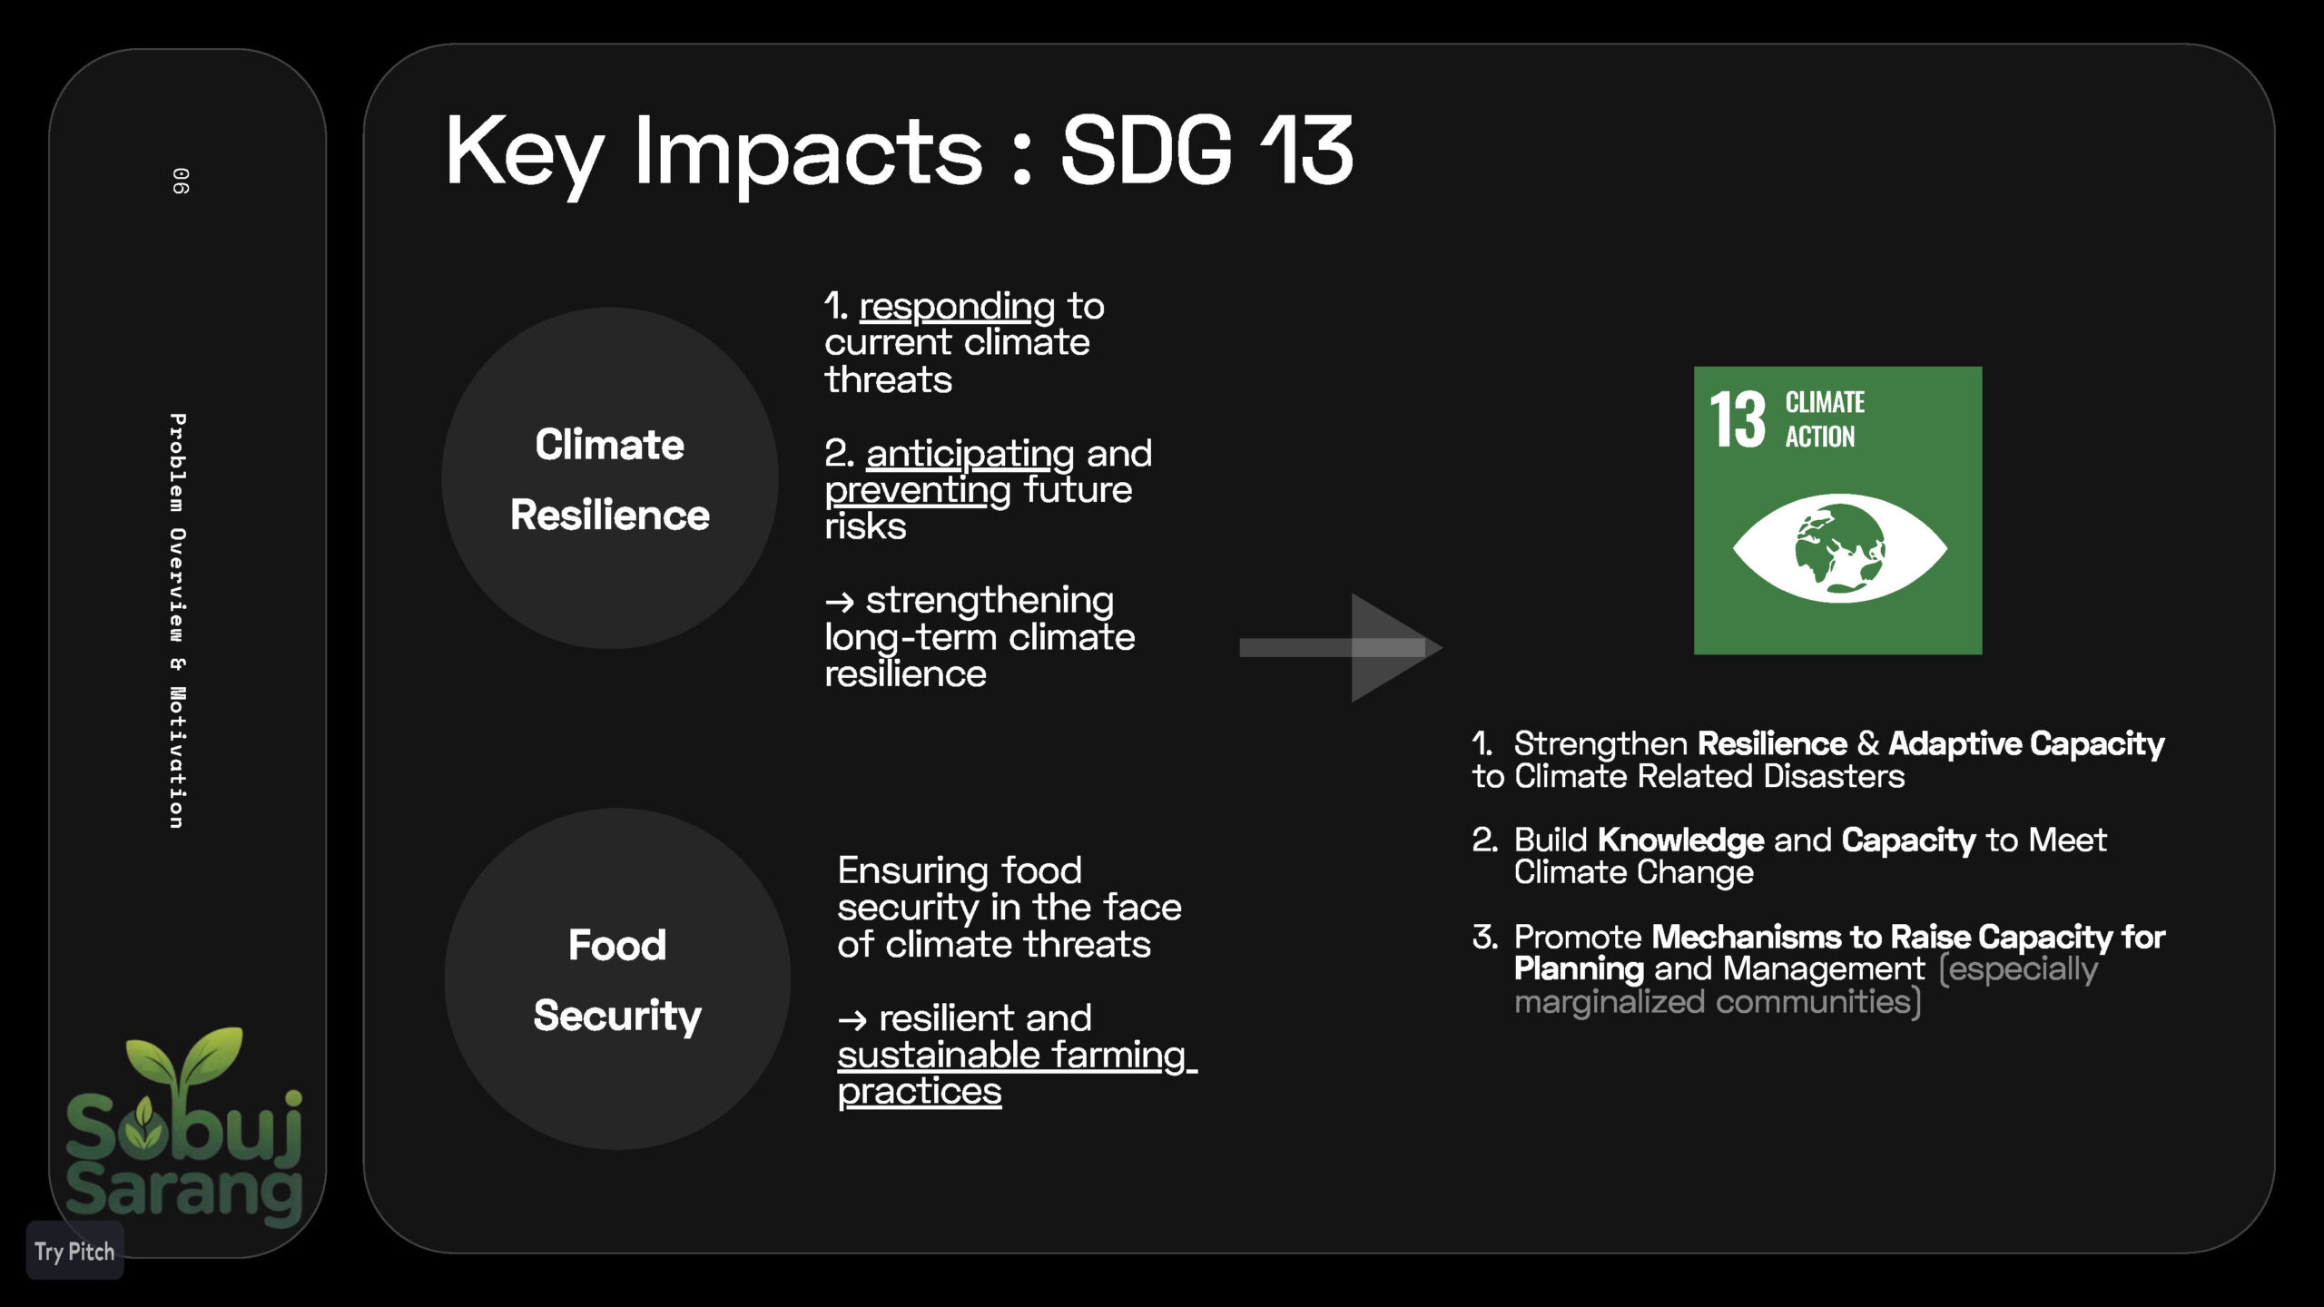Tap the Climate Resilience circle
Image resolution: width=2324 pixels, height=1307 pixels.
[610, 478]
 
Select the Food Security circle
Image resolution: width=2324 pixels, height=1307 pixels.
[617, 979]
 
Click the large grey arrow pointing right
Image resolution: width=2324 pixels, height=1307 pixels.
[1341, 647]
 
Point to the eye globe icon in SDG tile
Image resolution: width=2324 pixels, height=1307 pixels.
[1839, 548]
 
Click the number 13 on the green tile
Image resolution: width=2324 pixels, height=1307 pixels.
[1738, 420]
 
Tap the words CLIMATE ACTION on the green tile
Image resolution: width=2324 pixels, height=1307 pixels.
[1825, 419]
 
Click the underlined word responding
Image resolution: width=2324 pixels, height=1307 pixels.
[958, 307]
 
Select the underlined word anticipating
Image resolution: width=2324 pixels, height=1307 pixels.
[970, 454]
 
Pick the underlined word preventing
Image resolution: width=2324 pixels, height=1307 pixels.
[918, 491]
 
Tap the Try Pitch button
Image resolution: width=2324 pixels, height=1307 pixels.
[75, 1252]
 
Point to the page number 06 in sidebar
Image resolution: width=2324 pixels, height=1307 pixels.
[181, 181]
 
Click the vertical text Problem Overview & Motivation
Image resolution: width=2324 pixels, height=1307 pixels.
[178, 621]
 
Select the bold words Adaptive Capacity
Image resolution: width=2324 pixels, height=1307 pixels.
[2026, 743]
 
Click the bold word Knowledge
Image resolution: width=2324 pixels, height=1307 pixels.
[1681, 840]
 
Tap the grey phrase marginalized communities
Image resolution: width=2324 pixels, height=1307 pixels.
[1714, 1002]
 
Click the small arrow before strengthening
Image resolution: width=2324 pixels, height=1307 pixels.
[840, 602]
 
